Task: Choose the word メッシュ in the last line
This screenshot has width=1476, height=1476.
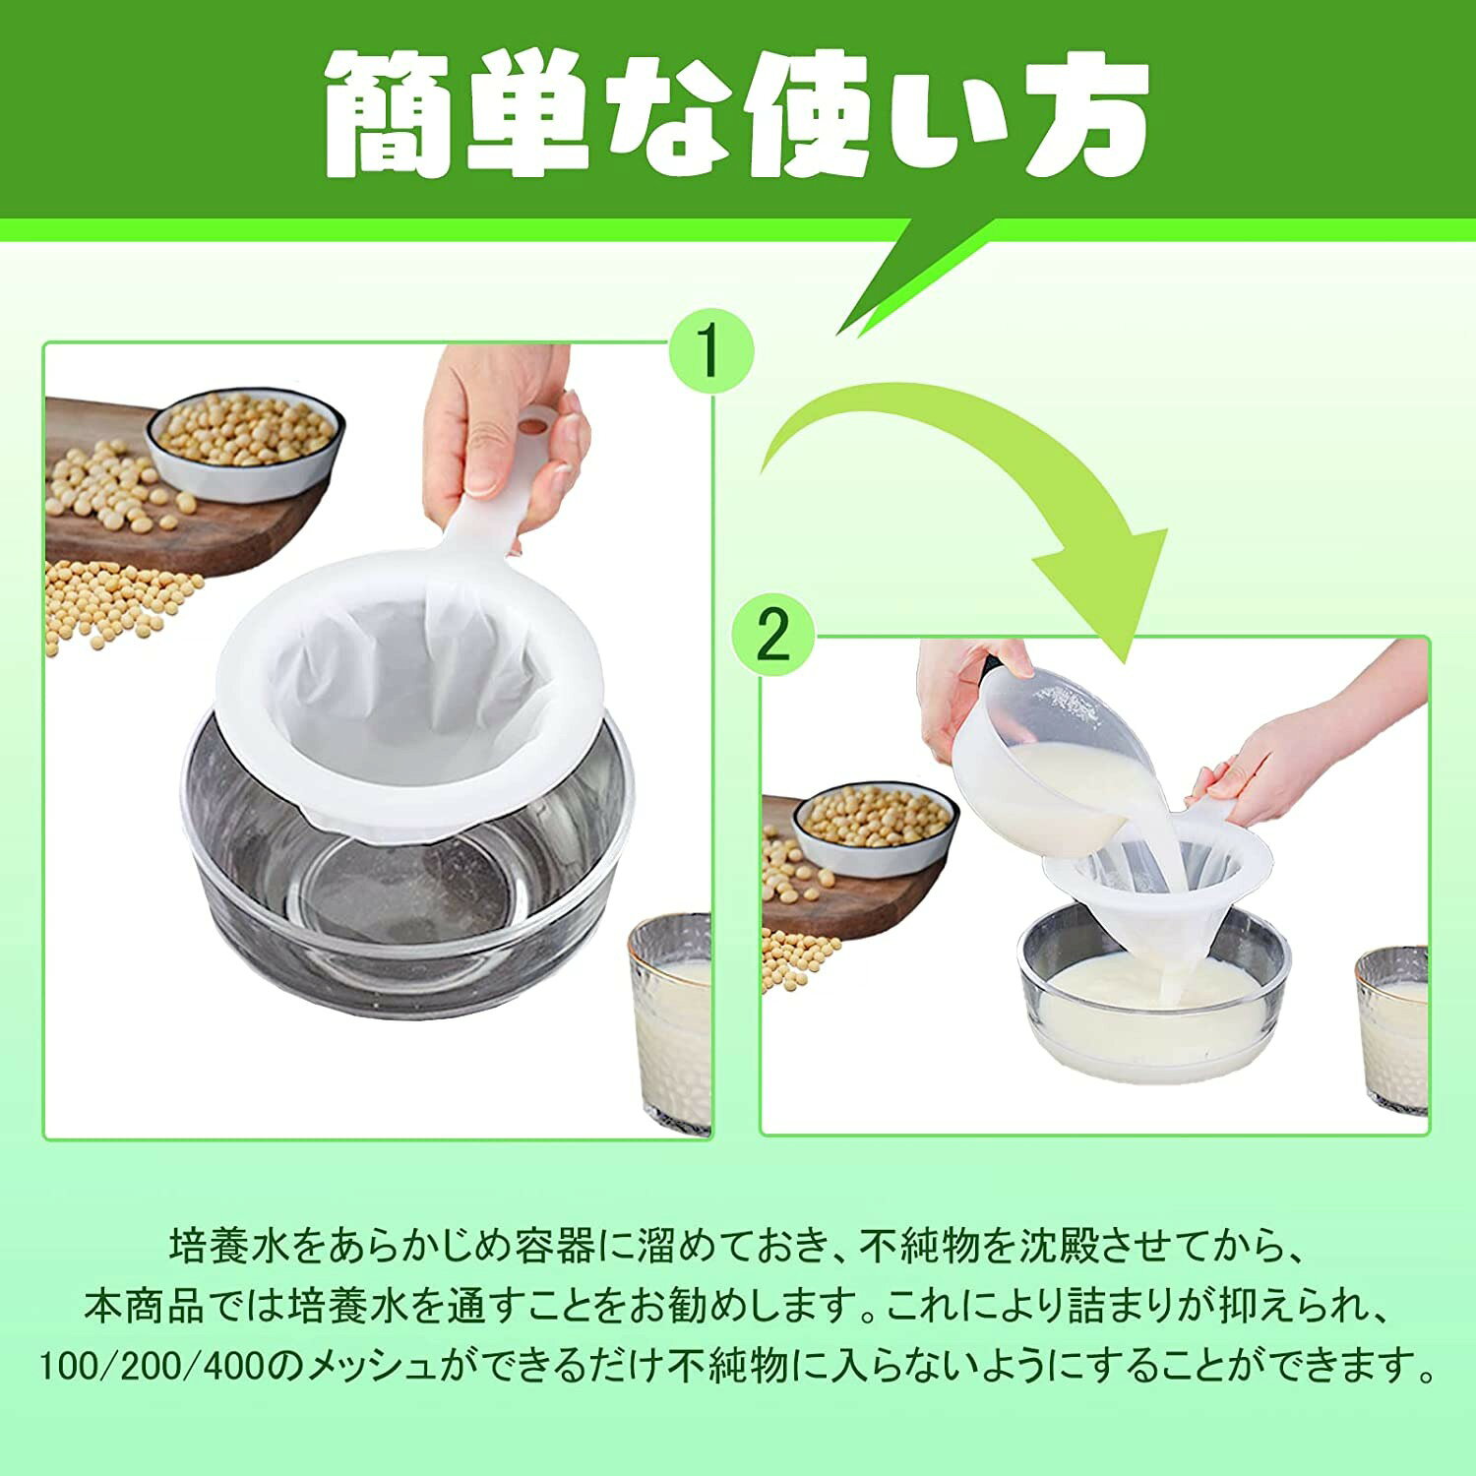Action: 373,1365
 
